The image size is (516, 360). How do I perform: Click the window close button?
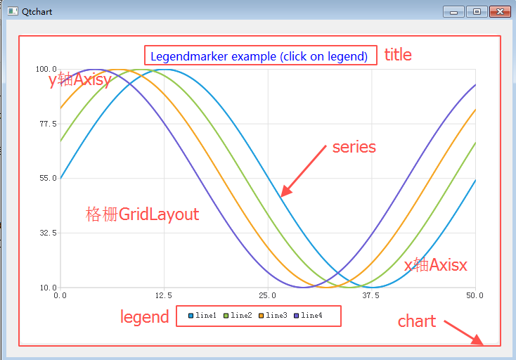tap(500, 11)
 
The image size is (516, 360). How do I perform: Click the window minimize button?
tap(453, 11)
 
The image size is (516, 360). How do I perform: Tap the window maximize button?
tap(477, 11)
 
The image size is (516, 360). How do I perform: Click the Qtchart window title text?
tap(37, 12)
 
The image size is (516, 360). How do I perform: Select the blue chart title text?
tap(259, 56)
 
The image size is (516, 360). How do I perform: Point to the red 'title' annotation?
tap(398, 55)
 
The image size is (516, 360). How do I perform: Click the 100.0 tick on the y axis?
tap(46, 69)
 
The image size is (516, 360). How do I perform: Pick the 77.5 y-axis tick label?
tap(48, 124)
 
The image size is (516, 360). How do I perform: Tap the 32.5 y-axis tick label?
tap(48, 233)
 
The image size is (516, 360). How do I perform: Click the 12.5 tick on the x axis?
tap(164, 295)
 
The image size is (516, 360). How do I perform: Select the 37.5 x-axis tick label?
tap(371, 295)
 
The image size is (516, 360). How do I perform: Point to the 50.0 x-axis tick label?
tap(475, 295)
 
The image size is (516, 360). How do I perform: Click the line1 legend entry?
tap(202, 316)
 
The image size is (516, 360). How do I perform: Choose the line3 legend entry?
tap(273, 316)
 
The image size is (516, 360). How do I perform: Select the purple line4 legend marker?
tap(296, 316)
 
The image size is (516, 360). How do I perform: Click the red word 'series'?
tap(354, 147)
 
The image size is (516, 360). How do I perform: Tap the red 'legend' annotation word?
tap(145, 317)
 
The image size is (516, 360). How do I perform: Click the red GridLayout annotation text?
tap(159, 214)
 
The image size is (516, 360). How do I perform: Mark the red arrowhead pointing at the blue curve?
tap(286, 191)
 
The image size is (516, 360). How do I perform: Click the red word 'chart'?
tap(417, 321)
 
